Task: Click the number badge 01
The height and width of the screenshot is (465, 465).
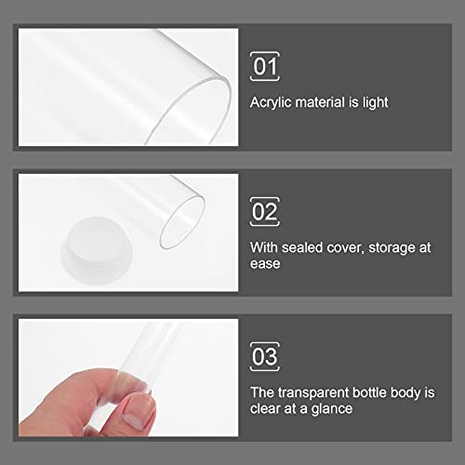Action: tap(266, 66)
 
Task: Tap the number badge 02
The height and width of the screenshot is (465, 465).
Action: tap(266, 211)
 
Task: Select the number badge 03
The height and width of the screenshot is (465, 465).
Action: tap(266, 356)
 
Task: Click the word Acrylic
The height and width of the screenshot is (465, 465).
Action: tap(271, 102)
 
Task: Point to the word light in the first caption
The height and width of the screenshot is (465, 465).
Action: tap(371, 102)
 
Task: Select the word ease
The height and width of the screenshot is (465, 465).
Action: tap(265, 263)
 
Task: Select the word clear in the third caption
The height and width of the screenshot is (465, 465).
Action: tap(265, 408)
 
